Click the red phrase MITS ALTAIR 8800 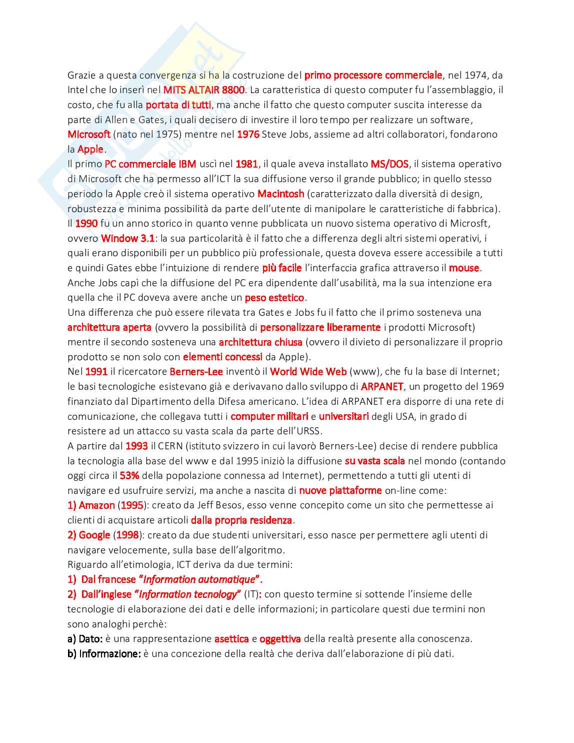204,90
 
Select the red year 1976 248,134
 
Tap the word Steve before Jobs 274,134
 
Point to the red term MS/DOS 389,164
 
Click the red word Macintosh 280,194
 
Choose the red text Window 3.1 128,238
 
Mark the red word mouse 464,268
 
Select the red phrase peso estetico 274,298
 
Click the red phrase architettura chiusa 260,342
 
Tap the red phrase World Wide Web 308,372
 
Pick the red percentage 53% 129,475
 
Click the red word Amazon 97,505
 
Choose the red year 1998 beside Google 127,535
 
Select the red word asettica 231,639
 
